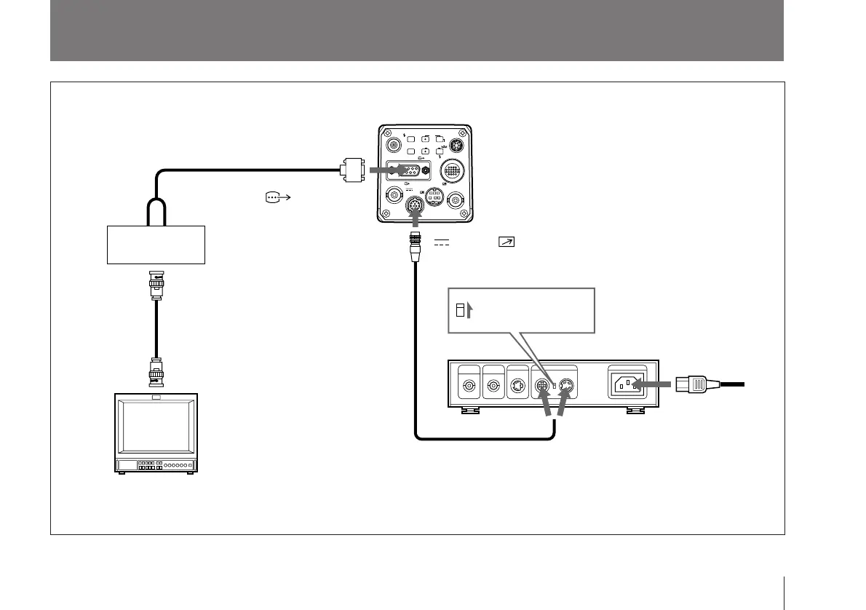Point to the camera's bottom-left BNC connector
pyautogui.click(x=394, y=195)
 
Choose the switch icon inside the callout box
pyautogui.click(x=458, y=312)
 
